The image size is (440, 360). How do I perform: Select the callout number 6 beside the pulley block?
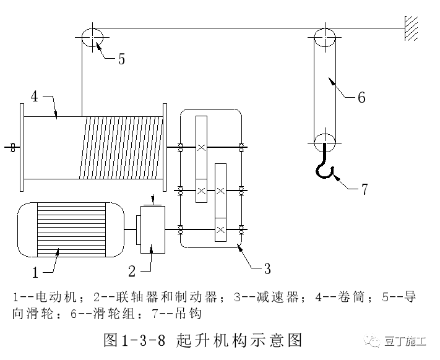click(x=361, y=97)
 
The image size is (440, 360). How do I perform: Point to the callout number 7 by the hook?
click(x=365, y=189)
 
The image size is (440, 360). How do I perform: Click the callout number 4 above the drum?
click(x=35, y=96)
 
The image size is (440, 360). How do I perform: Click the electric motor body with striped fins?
click(x=62, y=229)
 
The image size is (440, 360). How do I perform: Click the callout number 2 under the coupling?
click(x=132, y=270)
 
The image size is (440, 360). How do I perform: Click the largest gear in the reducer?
click(x=202, y=148)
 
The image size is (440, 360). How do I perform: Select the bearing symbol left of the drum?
click(x=12, y=147)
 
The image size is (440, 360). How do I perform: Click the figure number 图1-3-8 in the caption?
click(x=138, y=340)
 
